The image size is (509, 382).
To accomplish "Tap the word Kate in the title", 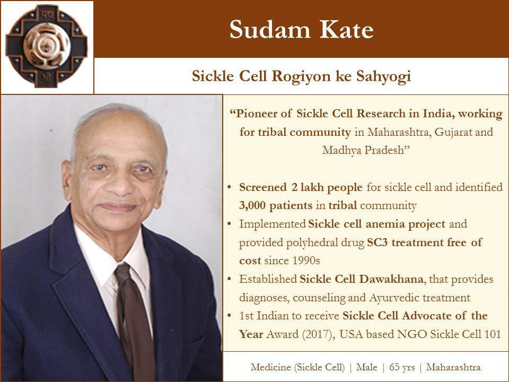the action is click(346, 30).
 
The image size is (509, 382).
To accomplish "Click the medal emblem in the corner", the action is click(47, 47).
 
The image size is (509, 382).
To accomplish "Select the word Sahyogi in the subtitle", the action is click(384, 76).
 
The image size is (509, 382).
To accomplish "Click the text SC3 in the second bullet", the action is click(378, 242).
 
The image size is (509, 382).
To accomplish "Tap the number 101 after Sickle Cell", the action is click(492, 334).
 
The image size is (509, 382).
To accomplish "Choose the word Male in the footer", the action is click(367, 367).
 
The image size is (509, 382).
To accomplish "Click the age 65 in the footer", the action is click(394, 367).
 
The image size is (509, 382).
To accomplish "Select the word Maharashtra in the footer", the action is click(453, 367).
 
